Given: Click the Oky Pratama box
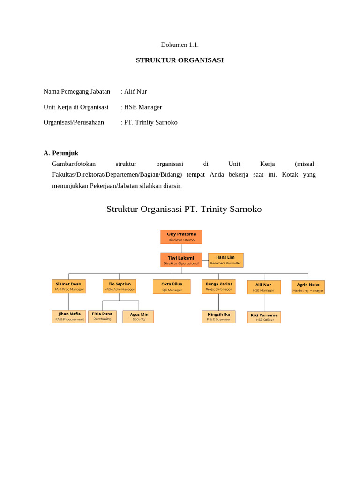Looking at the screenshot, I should click(181, 237).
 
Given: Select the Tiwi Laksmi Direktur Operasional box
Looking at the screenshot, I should click(181, 260).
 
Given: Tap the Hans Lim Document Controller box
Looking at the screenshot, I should click(225, 260).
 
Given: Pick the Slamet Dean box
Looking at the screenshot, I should click(68, 286).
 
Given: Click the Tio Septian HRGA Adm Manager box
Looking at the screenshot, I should click(120, 286).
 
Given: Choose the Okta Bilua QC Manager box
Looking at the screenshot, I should click(172, 286).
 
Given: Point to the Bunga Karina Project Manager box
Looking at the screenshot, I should click(219, 286).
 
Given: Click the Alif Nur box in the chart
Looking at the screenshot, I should click(264, 287).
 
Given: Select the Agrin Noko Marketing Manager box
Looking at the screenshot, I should click(308, 287).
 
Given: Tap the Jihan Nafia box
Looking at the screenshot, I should click(69, 316).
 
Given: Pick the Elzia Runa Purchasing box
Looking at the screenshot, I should click(102, 316).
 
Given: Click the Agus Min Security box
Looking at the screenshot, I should click(138, 316).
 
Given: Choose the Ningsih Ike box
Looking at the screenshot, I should click(219, 316).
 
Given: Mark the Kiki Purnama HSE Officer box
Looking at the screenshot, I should click(264, 317).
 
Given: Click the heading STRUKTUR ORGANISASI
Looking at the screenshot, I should click(180, 60).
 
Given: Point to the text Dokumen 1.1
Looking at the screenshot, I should click(180, 45).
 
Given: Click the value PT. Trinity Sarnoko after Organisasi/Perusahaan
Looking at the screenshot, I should click(151, 122).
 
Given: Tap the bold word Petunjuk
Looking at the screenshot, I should click(65, 153).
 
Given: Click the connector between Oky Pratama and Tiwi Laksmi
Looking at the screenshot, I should click(181, 248).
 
